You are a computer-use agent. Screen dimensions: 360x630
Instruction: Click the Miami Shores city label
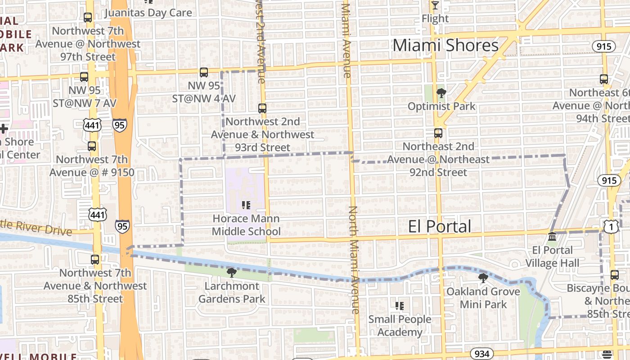[445, 45]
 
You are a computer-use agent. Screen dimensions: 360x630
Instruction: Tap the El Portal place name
[440, 226]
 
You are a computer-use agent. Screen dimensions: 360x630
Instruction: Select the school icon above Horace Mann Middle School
[246, 206]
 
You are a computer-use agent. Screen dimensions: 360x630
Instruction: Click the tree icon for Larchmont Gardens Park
[231, 273]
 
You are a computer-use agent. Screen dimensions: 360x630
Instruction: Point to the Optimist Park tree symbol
[441, 94]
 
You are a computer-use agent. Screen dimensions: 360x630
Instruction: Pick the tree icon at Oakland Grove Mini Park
[483, 278]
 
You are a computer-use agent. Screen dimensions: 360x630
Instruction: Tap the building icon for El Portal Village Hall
[552, 237]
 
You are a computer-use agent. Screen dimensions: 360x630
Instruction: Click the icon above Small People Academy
[399, 306]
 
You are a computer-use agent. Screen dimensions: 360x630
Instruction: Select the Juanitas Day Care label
[148, 12]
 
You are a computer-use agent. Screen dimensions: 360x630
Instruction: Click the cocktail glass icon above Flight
[435, 5]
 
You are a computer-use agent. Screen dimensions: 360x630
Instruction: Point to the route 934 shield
[481, 354]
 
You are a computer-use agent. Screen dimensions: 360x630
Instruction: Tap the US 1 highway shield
[611, 228]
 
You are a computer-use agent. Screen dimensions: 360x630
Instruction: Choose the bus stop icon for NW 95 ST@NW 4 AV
[204, 72]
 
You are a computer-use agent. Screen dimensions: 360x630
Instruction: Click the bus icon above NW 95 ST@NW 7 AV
[84, 77]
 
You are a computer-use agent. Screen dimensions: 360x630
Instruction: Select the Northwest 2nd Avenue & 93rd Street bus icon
[262, 108]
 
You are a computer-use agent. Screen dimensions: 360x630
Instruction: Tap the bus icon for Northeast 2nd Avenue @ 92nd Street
[438, 133]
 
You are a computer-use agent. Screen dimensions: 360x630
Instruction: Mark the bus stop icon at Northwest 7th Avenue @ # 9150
[92, 146]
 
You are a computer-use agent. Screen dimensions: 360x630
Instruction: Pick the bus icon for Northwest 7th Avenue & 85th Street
[95, 260]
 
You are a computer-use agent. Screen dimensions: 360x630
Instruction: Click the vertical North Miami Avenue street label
[355, 260]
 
